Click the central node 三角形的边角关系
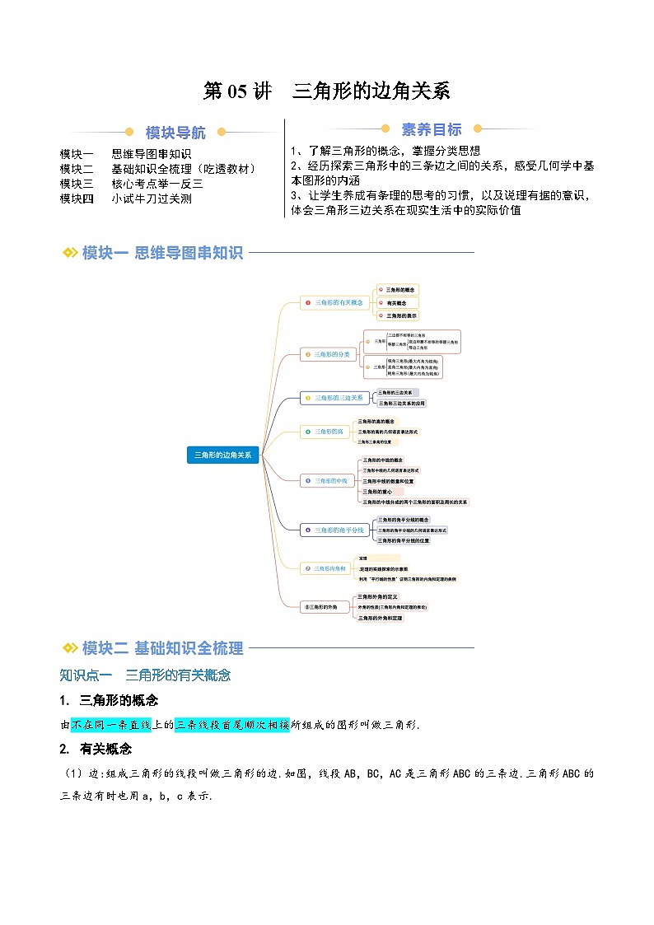223,454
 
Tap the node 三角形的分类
329,354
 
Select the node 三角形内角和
329,568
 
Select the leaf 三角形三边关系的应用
401,404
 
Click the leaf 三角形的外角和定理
378,618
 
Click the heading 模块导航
175,133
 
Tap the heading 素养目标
431,129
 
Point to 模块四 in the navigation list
77,199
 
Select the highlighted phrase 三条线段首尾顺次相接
231,725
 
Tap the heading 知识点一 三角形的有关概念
145,675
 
